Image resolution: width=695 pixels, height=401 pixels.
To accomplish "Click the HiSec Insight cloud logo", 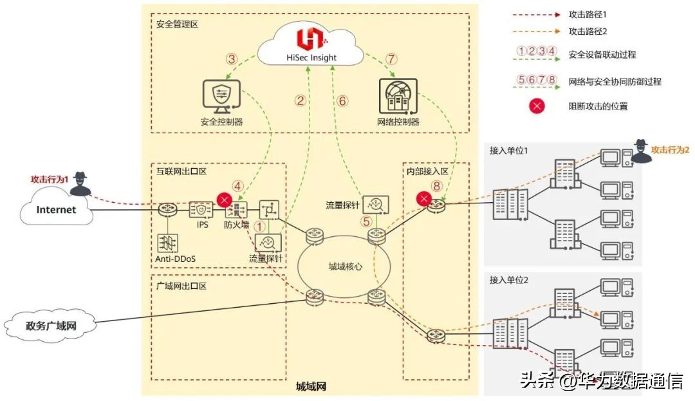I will (311, 41).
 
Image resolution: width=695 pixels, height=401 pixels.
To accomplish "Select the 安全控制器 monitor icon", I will (221, 97).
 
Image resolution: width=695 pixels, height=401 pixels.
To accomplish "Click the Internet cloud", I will (56, 209).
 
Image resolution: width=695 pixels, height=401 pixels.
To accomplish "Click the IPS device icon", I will (201, 210).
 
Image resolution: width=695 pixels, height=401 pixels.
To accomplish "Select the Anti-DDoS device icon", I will (167, 243).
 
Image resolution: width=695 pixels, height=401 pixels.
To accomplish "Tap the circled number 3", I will (232, 59).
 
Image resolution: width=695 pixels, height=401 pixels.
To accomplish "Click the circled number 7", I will (392, 59).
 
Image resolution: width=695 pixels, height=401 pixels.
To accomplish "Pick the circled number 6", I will (342, 101).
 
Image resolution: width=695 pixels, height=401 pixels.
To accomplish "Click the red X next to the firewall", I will (225, 200).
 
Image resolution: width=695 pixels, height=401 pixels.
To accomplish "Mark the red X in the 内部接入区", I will (423, 199).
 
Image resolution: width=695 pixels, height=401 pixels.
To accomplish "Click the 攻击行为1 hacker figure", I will (80, 183).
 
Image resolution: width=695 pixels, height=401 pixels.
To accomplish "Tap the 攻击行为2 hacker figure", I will (641, 151).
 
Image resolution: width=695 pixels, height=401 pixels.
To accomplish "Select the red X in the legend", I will (537, 106).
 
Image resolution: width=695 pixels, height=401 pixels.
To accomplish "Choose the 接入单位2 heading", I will (509, 280).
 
